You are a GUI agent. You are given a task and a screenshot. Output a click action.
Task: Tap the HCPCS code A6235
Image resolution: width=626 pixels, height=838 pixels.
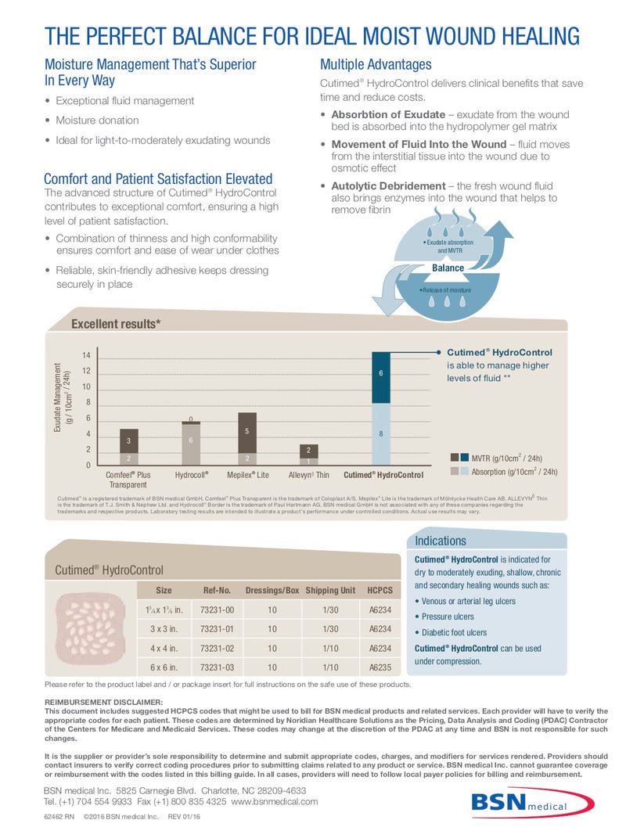[380, 667]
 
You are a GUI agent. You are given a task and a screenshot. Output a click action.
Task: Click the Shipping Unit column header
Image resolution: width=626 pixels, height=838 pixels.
[330, 590]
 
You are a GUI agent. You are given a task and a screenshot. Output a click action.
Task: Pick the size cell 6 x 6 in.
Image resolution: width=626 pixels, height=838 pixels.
[164, 667]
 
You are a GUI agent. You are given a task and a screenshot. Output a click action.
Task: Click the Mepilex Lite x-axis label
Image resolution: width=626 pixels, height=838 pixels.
[247, 475]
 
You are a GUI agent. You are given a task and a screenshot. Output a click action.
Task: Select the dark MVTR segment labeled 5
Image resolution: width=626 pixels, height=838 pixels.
[247, 431]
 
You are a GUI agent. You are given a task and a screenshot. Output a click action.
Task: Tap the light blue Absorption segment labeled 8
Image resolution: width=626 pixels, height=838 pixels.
[380, 433]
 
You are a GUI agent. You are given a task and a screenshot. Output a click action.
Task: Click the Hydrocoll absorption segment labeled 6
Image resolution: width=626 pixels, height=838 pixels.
[191, 441]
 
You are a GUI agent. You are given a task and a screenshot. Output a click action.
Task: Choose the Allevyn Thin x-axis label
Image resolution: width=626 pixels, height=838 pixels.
[309, 475]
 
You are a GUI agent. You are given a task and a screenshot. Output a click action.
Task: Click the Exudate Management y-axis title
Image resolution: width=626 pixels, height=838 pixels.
[62, 397]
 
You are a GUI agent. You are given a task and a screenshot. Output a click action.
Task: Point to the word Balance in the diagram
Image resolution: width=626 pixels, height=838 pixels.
[448, 268]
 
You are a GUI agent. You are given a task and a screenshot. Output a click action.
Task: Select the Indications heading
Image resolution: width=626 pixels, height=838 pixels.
[441, 541]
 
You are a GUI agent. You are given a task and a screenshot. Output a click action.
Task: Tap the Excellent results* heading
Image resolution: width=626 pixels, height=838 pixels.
[116, 324]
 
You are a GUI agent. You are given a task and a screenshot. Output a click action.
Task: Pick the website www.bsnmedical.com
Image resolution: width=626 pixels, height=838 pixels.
[275, 801]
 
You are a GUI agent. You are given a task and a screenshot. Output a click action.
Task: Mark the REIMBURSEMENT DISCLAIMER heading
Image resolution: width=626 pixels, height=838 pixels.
[104, 702]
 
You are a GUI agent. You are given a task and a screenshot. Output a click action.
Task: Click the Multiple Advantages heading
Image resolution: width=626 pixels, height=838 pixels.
[376, 64]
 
